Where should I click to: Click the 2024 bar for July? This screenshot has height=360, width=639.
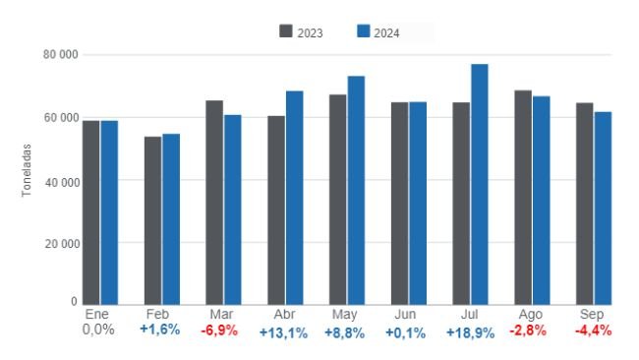pyautogui.click(x=479, y=184)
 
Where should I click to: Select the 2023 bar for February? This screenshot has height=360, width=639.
pyautogui.click(x=152, y=220)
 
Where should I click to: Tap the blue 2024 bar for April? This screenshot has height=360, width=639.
pyautogui.click(x=294, y=198)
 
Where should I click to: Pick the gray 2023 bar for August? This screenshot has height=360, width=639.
pyautogui.click(x=522, y=198)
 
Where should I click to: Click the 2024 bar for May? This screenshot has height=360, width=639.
pyautogui.click(x=356, y=190)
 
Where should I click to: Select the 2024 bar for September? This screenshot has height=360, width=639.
pyautogui.click(x=603, y=208)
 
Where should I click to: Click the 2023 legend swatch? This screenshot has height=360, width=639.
pyautogui.click(x=286, y=31)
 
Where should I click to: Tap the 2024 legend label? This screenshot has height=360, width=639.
pyautogui.click(x=386, y=32)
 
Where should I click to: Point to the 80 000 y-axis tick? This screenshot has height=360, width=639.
pyautogui.click(x=62, y=55)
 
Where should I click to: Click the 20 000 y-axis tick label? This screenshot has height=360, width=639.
pyautogui.click(x=62, y=243)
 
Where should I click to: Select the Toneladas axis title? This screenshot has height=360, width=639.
pyautogui.click(x=28, y=172)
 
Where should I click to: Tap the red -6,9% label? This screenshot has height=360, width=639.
pyautogui.click(x=219, y=330)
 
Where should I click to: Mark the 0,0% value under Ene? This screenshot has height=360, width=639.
pyautogui.click(x=98, y=330)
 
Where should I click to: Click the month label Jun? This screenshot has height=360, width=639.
pyautogui.click(x=406, y=314)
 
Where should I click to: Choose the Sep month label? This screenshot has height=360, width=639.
pyautogui.click(x=591, y=314)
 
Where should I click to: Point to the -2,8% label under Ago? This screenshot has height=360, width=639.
pyautogui.click(x=528, y=330)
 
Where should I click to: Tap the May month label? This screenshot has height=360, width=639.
pyautogui.click(x=345, y=315)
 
